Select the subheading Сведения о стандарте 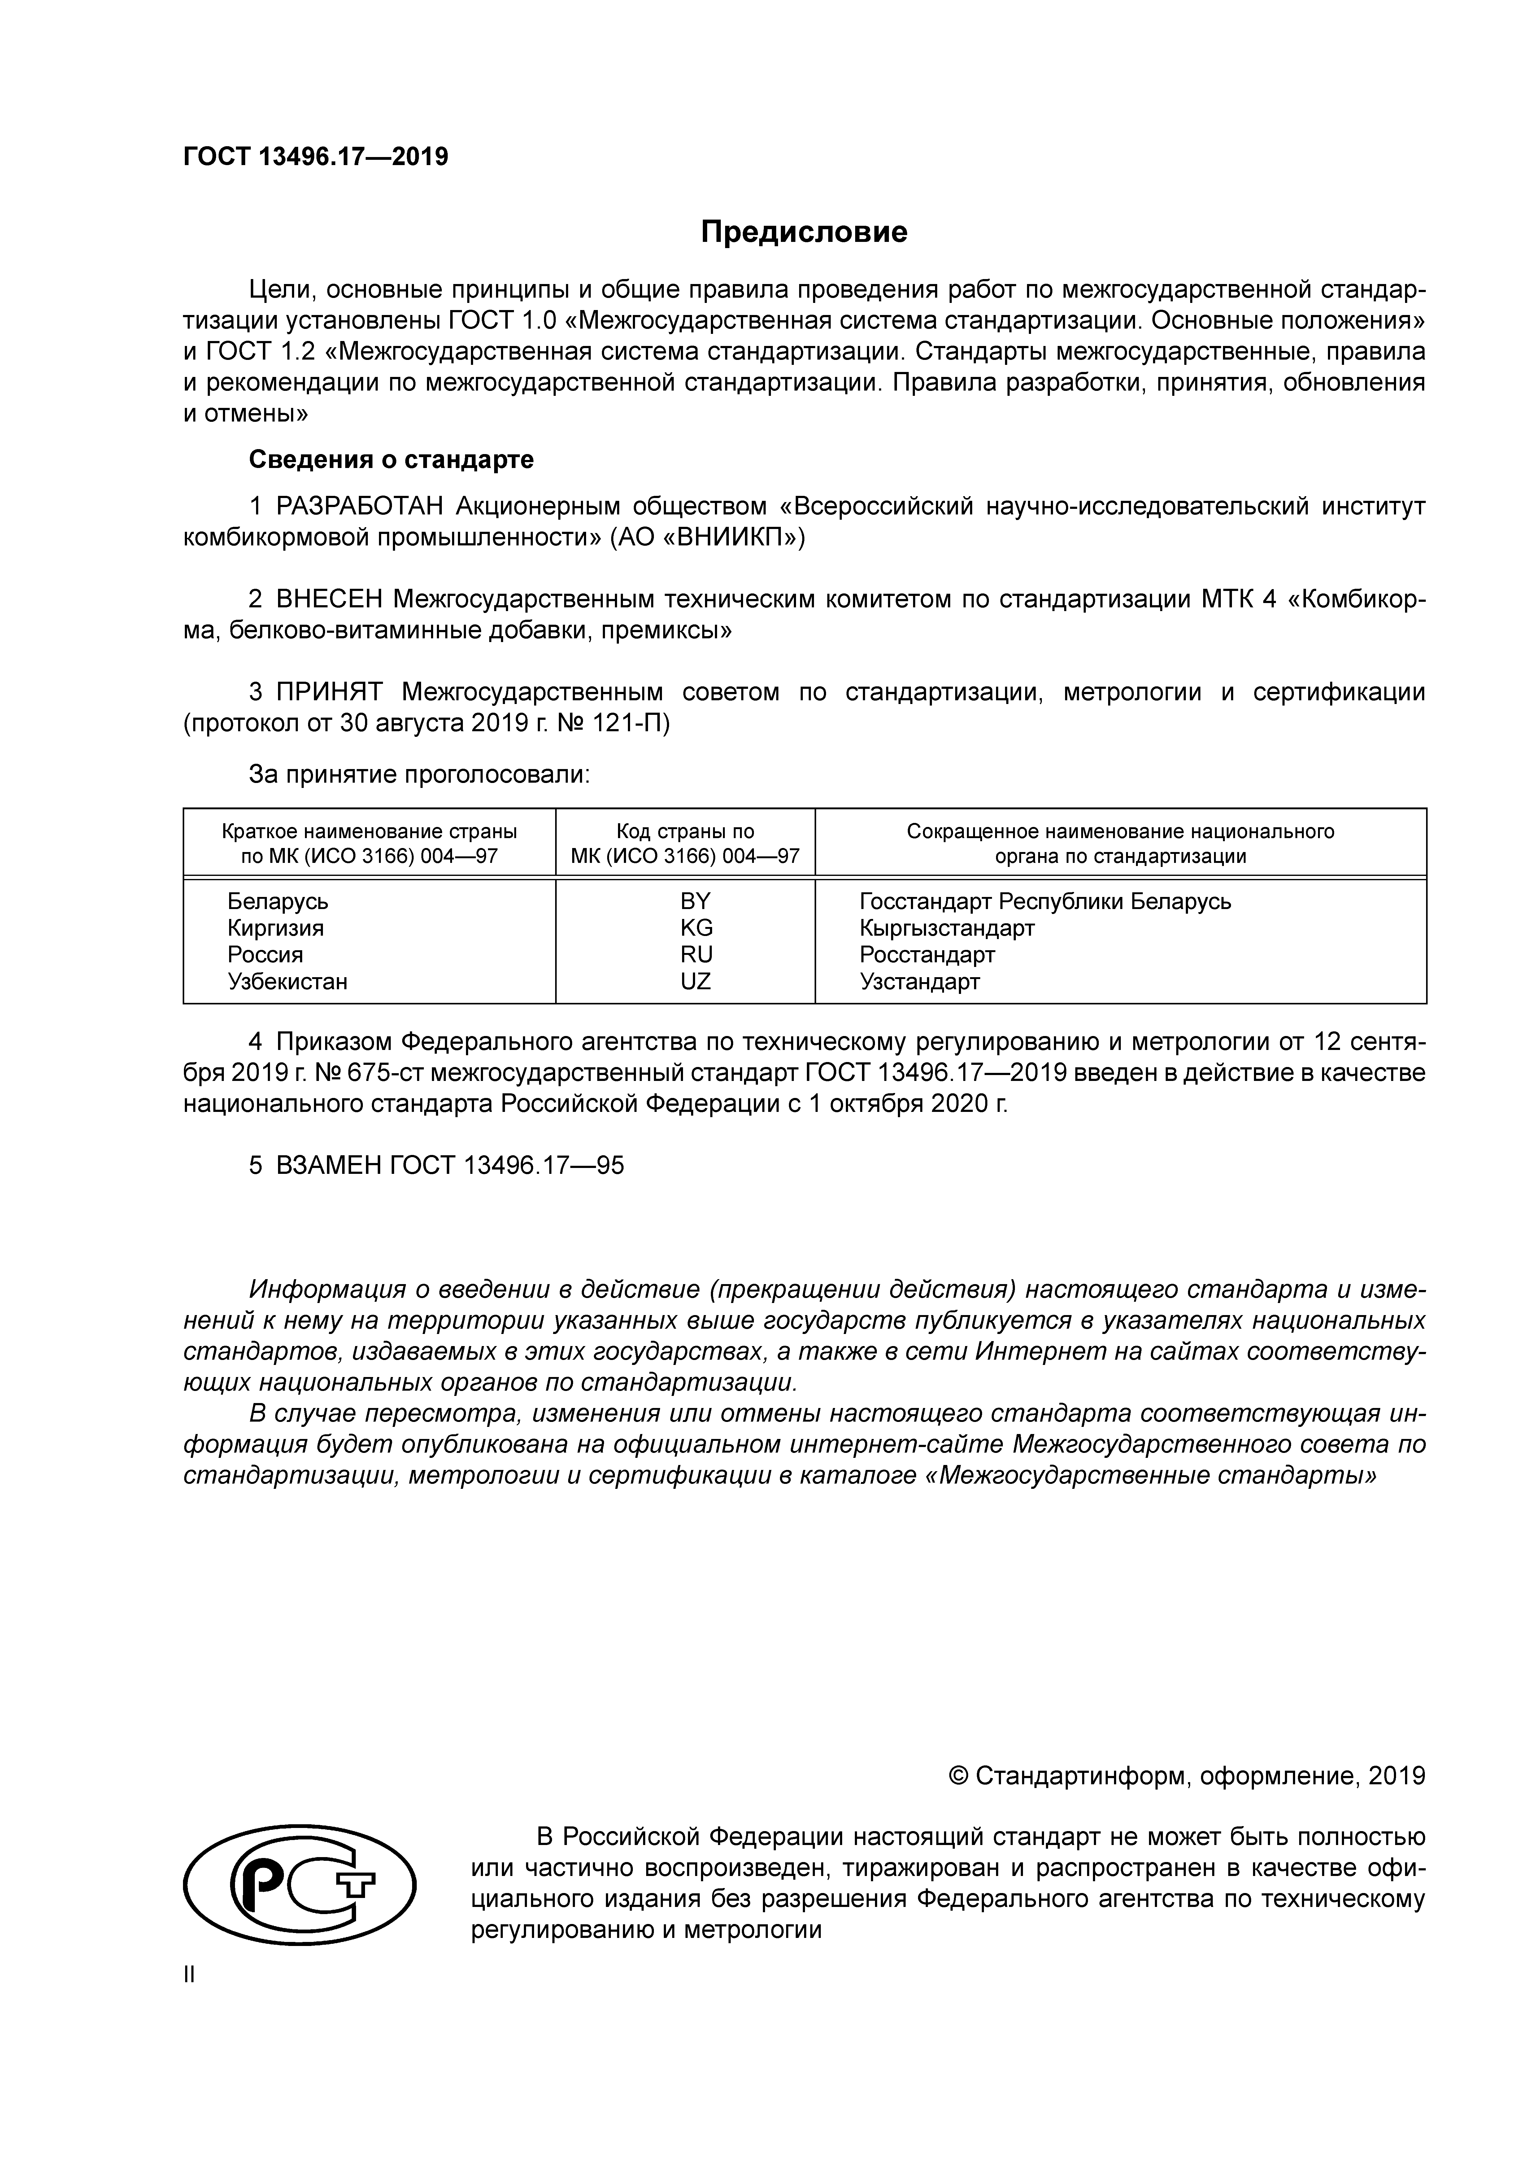tap(391, 460)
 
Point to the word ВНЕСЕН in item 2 tap(329, 599)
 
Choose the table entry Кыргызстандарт tap(946, 928)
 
